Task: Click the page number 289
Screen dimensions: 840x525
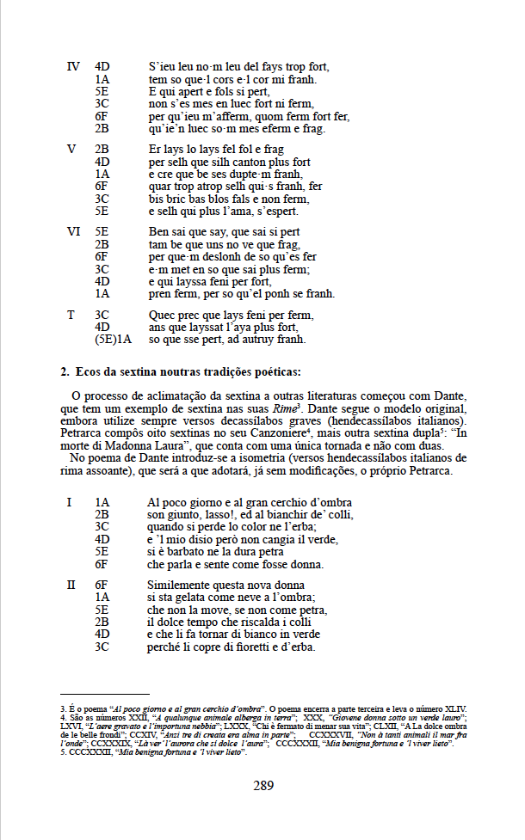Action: click(262, 784)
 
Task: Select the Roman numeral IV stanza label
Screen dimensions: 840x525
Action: click(73, 66)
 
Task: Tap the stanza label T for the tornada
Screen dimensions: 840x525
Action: click(71, 315)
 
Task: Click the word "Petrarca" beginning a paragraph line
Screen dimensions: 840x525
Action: click(84, 434)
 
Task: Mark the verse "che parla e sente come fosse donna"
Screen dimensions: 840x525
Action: click(235, 564)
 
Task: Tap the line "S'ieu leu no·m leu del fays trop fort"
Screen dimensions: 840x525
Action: click(238, 66)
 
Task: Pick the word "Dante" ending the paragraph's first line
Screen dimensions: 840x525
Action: click(448, 396)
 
